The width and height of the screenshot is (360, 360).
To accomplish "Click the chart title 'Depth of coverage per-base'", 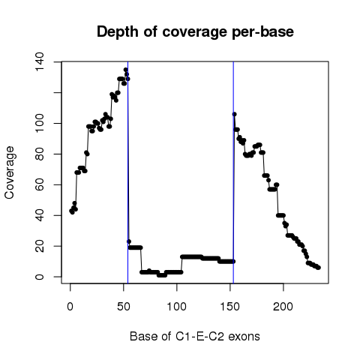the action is tap(195, 32).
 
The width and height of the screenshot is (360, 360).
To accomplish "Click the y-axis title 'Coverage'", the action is tap(9, 172).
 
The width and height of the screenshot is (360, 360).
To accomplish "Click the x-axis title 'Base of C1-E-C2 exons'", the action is tap(195, 337).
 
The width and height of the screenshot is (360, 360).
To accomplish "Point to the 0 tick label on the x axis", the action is tap(70, 307).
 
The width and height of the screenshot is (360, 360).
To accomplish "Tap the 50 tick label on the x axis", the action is tap(124, 307).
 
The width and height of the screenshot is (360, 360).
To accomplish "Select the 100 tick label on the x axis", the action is tap(176, 307).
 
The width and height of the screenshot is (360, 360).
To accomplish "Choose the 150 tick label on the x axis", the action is tap(229, 307).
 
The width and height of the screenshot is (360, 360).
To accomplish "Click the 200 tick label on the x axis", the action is tap(283, 307).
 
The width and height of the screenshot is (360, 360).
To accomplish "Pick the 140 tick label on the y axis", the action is tap(39, 61).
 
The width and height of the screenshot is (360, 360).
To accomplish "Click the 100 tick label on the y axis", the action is tap(39, 123).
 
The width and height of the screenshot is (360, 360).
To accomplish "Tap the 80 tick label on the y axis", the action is tap(39, 154).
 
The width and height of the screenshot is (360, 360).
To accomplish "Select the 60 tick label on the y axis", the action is tap(39, 184).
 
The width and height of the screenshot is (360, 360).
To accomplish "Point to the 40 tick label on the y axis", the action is tap(39, 215).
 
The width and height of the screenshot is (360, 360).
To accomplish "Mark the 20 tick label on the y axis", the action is tap(39, 246).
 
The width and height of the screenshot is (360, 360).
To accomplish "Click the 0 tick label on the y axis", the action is tap(39, 277).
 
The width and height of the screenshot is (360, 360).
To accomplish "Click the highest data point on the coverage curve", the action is tap(126, 70).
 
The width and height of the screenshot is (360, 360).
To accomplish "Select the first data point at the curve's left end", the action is tap(71, 211).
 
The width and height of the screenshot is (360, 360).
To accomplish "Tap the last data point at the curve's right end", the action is tap(318, 268).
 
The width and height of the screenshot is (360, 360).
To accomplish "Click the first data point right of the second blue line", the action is tap(234, 114).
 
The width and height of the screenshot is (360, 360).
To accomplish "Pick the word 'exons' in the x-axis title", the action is tap(244, 337).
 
